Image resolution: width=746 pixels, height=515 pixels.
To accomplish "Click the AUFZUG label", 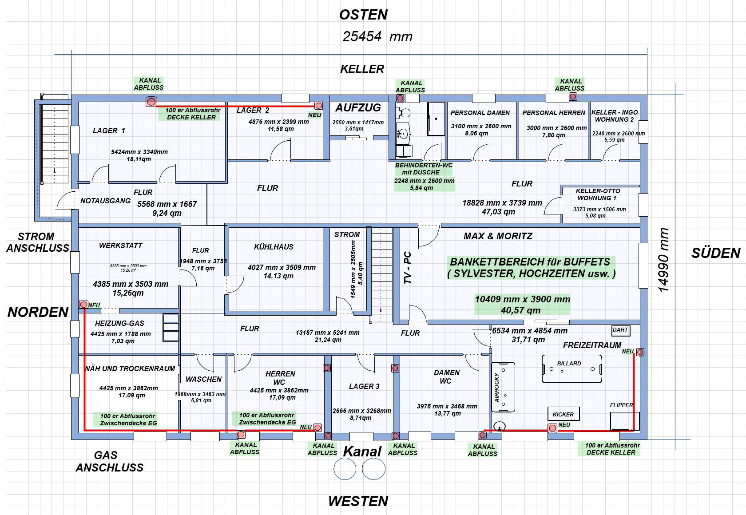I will (358, 107).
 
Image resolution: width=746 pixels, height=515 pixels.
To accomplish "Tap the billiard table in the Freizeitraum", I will (572, 368).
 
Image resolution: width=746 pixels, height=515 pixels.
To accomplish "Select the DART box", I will (620, 330).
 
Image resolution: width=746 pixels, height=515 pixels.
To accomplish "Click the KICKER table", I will (563, 414).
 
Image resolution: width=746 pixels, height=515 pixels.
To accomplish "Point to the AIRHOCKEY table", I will (503, 388).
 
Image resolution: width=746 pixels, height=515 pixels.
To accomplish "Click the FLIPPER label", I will (621, 405).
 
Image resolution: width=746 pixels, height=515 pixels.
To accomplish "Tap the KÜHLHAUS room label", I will (274, 247).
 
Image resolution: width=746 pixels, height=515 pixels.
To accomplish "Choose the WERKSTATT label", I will (121, 246).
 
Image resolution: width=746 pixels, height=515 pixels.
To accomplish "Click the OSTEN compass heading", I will (363, 15).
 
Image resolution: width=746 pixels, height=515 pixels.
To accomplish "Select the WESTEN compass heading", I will (358, 501).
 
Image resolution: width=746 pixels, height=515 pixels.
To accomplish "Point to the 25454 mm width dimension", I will (377, 36).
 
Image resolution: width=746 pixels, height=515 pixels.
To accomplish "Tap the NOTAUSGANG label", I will (105, 201).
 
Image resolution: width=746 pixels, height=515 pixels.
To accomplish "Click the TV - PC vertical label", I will (408, 268).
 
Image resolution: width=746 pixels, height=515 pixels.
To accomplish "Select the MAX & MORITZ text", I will (498, 236).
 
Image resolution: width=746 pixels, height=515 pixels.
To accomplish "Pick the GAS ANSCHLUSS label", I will (109, 461).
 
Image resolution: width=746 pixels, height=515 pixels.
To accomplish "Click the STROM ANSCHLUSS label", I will (37, 242).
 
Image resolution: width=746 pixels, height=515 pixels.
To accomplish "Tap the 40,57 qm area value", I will (520, 310).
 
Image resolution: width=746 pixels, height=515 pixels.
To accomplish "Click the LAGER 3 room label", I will (364, 386).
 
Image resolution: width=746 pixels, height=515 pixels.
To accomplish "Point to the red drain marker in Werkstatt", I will (83, 305).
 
